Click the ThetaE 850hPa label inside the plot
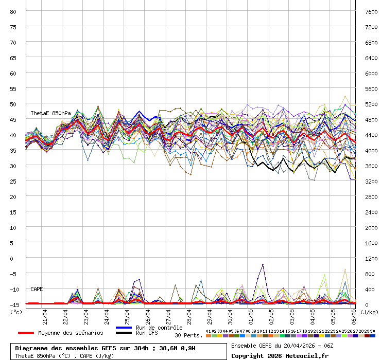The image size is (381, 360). tap(50, 113)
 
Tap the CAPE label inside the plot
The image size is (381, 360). tap(37, 289)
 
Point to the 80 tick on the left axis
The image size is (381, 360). tap(14, 11)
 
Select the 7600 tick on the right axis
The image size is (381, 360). tap(371, 11)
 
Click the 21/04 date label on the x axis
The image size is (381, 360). tap(45, 315)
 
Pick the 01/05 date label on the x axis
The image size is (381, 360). tap(251, 315)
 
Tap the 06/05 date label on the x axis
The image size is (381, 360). tap(354, 315)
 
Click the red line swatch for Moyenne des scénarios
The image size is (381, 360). tap(26, 333)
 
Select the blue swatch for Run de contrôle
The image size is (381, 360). tap(124, 328)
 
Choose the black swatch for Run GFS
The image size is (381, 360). tap(124, 333)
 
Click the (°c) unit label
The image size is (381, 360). tap(16, 311)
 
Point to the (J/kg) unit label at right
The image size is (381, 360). tap(369, 311)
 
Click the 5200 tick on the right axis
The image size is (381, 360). tap(371, 104)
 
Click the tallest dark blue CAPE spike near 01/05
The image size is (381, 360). tap(263, 265)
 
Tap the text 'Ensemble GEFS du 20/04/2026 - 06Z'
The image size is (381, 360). tap(282, 346)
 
